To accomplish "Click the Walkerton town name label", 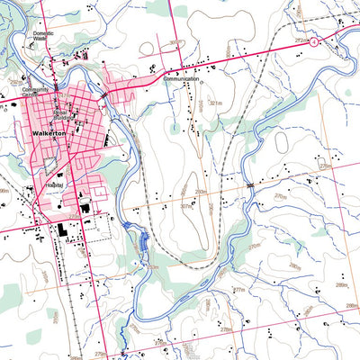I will pos(50,132).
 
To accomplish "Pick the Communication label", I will pos(180,79).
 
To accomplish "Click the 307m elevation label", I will pos(187,205).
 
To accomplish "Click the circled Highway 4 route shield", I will pos(312,41).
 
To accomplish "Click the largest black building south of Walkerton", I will pos(65,230).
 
